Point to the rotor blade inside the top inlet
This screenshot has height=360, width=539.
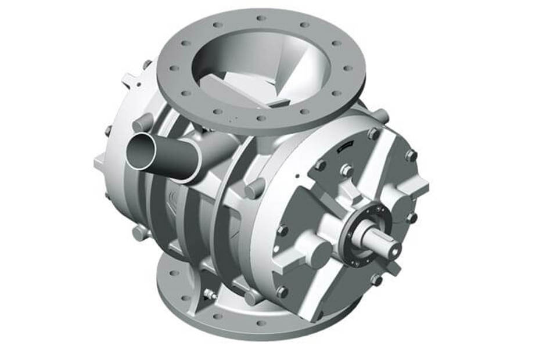[x=244, y=87]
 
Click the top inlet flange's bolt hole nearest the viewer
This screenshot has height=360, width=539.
[x=261, y=118]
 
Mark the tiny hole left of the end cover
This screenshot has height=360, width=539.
[x=297, y=174]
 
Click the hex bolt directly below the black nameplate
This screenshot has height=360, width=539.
[x=347, y=170]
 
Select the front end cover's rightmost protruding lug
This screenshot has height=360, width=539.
[x=421, y=186]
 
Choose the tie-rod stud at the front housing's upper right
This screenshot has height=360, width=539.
[x=381, y=116]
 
